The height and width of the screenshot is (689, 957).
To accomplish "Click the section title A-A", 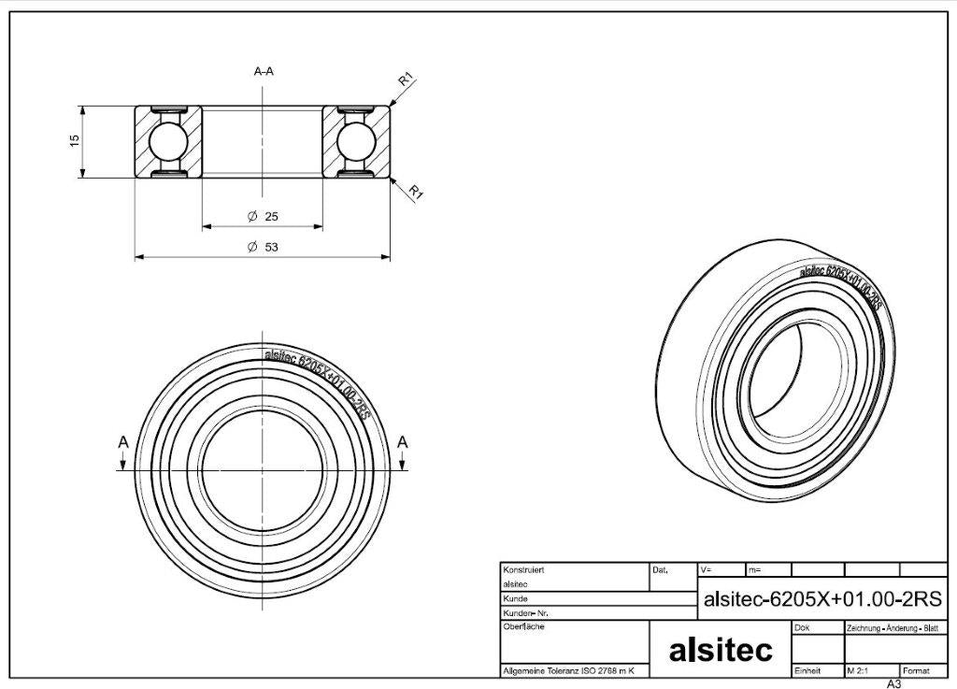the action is [x=264, y=71].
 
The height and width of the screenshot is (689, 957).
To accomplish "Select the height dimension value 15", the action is [x=75, y=139].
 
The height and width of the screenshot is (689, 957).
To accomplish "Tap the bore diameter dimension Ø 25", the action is [x=263, y=216].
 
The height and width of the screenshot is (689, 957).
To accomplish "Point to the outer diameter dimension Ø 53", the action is [x=263, y=247].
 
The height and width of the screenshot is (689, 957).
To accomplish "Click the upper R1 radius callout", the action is [x=406, y=79].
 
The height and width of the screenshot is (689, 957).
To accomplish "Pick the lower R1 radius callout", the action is [x=416, y=193].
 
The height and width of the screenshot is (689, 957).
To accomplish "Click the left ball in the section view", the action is [x=168, y=142].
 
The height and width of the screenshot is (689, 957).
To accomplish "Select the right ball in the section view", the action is [x=356, y=142].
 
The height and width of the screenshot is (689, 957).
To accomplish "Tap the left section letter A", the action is [x=123, y=442].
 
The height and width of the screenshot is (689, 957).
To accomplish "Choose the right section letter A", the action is [x=402, y=442].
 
